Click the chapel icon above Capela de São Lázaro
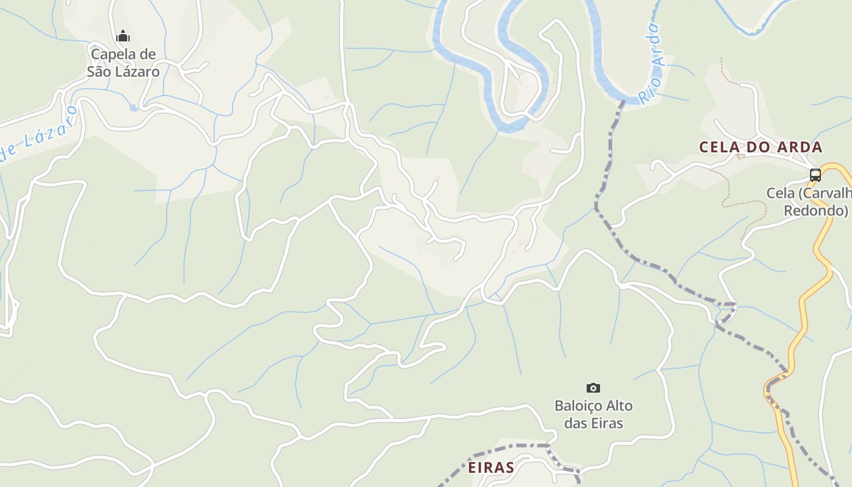click(x=123, y=36)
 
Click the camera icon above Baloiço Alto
click(x=593, y=388)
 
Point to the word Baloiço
click(x=576, y=405)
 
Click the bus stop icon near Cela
click(x=815, y=175)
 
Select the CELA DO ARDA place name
click(x=761, y=147)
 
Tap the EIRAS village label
click(x=491, y=468)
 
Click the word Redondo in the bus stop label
click(x=815, y=211)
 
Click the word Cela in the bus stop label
click(x=780, y=193)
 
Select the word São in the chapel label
click(x=99, y=72)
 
